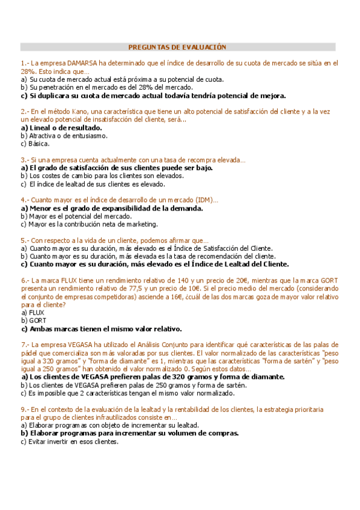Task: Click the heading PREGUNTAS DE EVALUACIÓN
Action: (177, 46)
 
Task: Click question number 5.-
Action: (25, 240)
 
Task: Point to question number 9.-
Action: (25, 410)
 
